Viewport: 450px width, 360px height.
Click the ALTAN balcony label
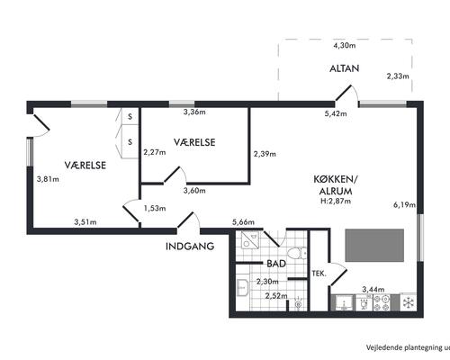point(345,68)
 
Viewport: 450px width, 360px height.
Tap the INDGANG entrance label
point(190,247)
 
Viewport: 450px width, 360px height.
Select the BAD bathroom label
point(276,264)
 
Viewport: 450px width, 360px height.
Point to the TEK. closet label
point(319,274)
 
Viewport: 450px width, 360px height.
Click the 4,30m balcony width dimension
point(345,46)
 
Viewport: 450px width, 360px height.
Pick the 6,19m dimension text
point(404,205)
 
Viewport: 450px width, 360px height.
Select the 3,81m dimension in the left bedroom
point(48,179)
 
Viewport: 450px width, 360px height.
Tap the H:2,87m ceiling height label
point(336,201)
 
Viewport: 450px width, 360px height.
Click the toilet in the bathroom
point(296,253)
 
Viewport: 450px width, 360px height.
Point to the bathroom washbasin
point(242,287)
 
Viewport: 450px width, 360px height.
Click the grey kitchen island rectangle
point(374,246)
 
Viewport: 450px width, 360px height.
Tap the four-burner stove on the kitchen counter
point(382,302)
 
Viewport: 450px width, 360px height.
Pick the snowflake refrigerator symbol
point(409,302)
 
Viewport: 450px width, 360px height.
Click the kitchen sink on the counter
point(344,302)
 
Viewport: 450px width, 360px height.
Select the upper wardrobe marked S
point(130,116)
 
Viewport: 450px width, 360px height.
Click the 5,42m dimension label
point(336,113)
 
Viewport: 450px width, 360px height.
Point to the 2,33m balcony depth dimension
point(398,76)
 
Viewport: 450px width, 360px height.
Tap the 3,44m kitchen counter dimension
point(373,290)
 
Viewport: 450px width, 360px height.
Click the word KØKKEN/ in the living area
point(336,179)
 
